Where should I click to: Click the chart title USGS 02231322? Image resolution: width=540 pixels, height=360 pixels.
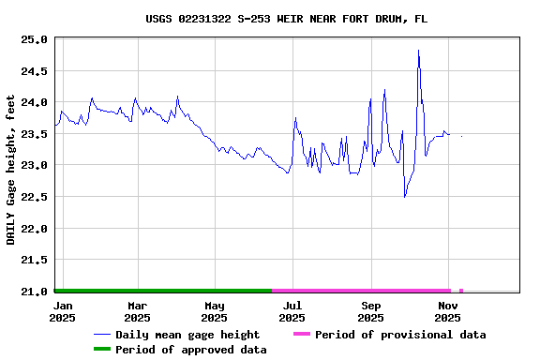pyautogui.click(x=287, y=19)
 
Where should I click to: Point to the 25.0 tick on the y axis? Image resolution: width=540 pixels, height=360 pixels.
pyautogui.click(x=34, y=39)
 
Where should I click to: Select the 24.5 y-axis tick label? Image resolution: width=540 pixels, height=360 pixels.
pyautogui.click(x=34, y=71)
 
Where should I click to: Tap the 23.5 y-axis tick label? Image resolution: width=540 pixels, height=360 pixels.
pyautogui.click(x=34, y=134)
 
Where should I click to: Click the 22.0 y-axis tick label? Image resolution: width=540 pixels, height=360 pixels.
pyautogui.click(x=34, y=229)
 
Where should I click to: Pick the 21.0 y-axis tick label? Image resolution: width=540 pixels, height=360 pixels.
pyautogui.click(x=34, y=292)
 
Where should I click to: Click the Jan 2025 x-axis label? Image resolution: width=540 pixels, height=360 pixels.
pyautogui.click(x=63, y=311)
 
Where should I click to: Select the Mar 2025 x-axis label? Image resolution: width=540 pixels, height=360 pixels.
pyautogui.click(x=138, y=311)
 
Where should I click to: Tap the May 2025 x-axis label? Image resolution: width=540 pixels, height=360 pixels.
pyautogui.click(x=215, y=311)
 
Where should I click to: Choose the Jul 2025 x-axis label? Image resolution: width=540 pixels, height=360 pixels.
pyautogui.click(x=292, y=311)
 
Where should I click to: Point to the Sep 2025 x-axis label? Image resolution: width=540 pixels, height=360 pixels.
pyautogui.click(x=371, y=311)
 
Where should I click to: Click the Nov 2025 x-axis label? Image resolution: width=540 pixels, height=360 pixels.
pyautogui.click(x=448, y=311)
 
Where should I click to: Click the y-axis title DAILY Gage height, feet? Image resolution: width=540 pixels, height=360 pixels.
pyautogui.click(x=11, y=170)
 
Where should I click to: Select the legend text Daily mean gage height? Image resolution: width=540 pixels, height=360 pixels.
pyautogui.click(x=187, y=335)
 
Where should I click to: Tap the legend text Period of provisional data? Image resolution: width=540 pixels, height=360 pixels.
pyautogui.click(x=400, y=335)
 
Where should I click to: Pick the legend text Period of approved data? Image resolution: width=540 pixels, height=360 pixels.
pyautogui.click(x=191, y=350)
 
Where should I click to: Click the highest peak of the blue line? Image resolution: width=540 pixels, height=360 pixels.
pyautogui.click(x=418, y=51)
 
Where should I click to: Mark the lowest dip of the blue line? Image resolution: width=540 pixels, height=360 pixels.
pyautogui.click(x=405, y=197)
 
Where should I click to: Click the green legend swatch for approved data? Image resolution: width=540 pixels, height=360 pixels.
pyautogui.click(x=102, y=350)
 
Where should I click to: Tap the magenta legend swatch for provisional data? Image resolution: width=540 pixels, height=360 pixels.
pyautogui.click(x=301, y=335)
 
